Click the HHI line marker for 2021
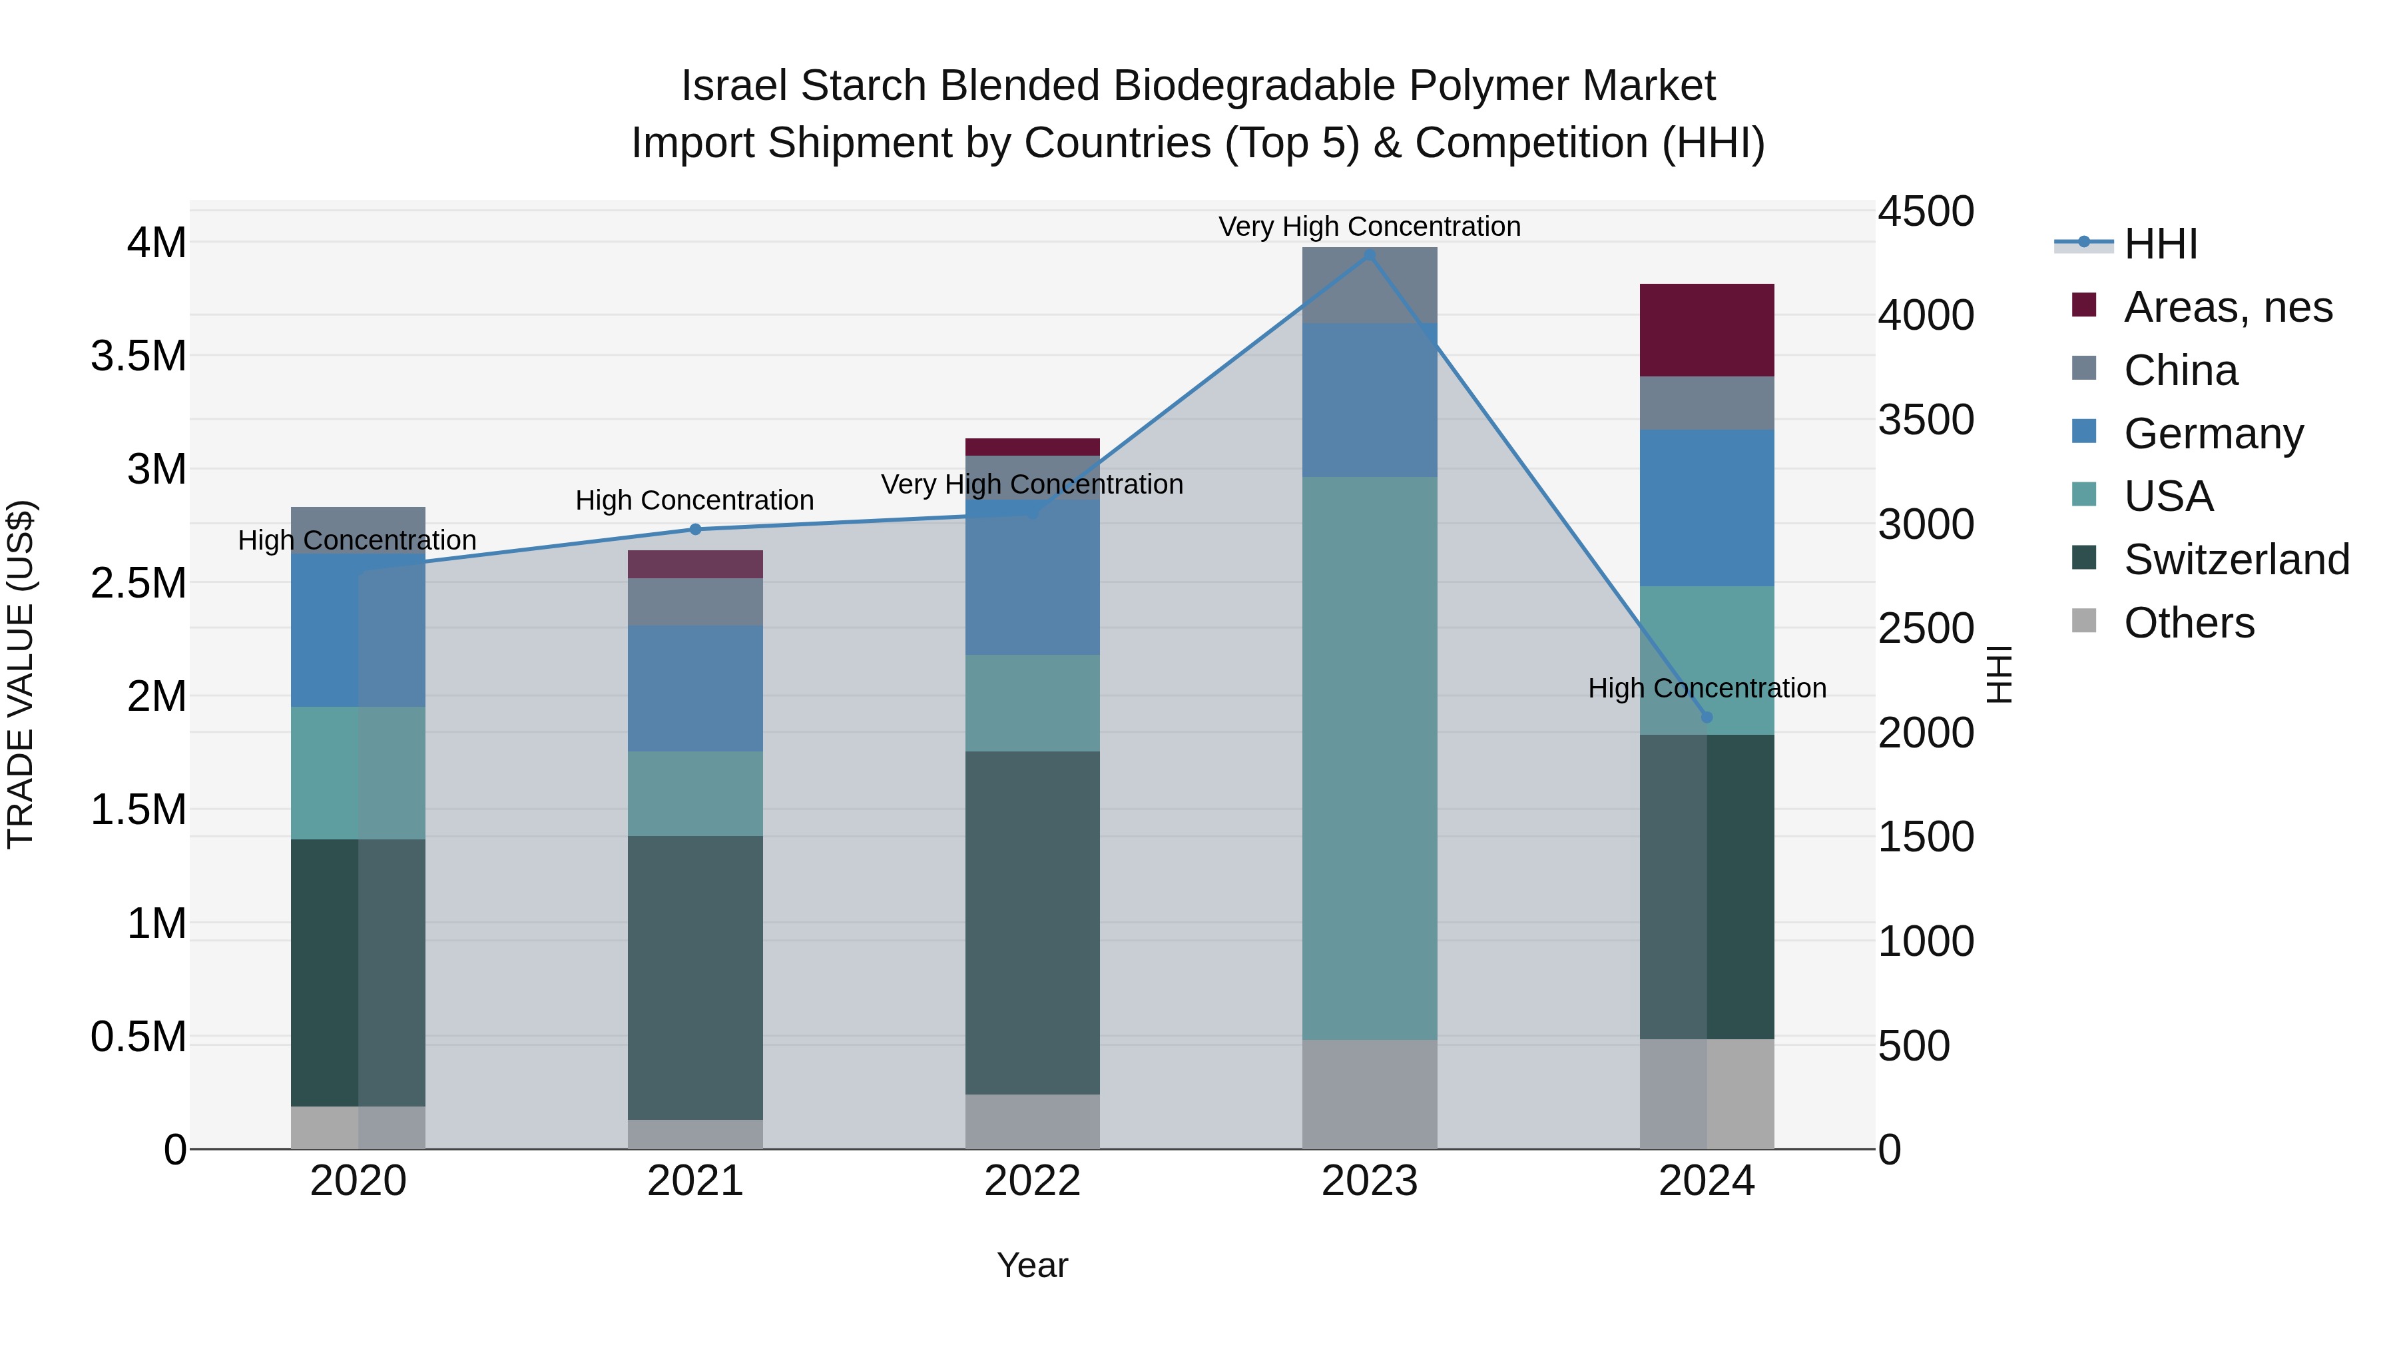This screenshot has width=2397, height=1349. tap(695, 529)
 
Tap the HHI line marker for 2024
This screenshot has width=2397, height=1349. tap(1707, 717)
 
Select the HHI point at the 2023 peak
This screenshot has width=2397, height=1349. tap(1369, 254)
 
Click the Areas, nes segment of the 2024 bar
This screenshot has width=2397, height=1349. tap(1707, 330)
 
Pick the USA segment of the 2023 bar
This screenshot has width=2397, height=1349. tap(1369, 758)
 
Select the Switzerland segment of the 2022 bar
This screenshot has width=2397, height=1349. tap(1032, 922)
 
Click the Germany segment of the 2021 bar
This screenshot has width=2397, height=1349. tap(695, 688)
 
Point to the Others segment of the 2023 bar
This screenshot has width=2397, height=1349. tap(1369, 1094)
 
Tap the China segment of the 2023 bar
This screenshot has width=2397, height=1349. tap(1369, 285)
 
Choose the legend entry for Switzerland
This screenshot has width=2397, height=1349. tap(2236, 560)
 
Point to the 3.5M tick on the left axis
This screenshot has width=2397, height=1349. tap(138, 356)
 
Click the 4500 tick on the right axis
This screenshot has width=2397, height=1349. tap(1925, 211)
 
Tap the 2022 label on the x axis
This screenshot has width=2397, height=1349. tap(1032, 1181)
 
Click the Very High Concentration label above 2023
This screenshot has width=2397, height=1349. tap(1369, 226)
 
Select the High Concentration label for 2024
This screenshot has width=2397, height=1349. tap(1707, 688)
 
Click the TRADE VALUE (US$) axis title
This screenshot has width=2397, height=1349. tap(21, 674)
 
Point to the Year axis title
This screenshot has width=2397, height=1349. tap(1032, 1265)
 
